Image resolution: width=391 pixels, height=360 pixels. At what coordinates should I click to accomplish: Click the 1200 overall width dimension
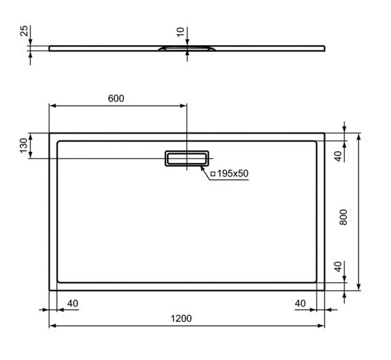pyautogui.click(x=181, y=318)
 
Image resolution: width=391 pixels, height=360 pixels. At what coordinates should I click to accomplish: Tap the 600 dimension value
pyautogui.click(x=116, y=98)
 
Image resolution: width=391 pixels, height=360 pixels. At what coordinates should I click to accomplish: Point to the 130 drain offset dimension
pyautogui.click(x=23, y=146)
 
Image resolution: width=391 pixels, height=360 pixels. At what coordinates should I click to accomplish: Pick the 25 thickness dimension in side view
pyautogui.click(x=23, y=32)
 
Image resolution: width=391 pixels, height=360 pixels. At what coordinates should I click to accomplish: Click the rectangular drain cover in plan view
pyautogui.click(x=186, y=158)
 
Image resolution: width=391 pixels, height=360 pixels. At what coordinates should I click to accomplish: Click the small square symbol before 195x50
pyautogui.click(x=213, y=175)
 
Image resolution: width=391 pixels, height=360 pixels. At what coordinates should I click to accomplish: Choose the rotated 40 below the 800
pyautogui.click(x=337, y=266)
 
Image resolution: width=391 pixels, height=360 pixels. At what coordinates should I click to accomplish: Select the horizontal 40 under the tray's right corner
pyautogui.click(x=300, y=303)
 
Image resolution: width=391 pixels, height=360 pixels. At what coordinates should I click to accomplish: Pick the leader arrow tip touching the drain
pyautogui.click(x=201, y=163)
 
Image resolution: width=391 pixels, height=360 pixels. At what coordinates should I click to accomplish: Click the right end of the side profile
pyautogui.click(x=324, y=48)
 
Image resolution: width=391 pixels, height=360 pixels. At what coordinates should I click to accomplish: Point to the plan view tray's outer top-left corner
pyautogui.click(x=50, y=134)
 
